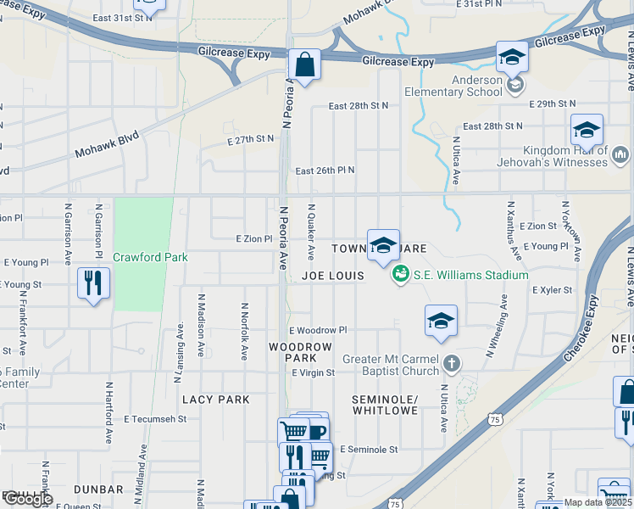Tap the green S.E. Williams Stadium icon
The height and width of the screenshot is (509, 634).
click(x=399, y=274)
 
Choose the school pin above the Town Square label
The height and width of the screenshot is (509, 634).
click(x=383, y=245)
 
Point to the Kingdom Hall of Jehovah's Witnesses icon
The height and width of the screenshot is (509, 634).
click(x=620, y=155)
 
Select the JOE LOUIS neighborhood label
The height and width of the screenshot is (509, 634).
click(x=333, y=276)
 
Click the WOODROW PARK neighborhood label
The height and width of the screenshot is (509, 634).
click(x=300, y=353)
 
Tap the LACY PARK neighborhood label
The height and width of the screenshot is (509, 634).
click(x=216, y=400)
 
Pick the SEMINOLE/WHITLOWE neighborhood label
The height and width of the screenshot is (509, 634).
click(x=385, y=405)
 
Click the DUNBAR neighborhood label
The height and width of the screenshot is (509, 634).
click(x=98, y=489)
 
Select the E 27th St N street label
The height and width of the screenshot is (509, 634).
click(x=251, y=138)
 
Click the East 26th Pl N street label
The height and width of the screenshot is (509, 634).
click(x=325, y=171)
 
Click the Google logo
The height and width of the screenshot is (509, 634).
click(x=27, y=499)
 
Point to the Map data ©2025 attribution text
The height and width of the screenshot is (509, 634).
click(x=598, y=502)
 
